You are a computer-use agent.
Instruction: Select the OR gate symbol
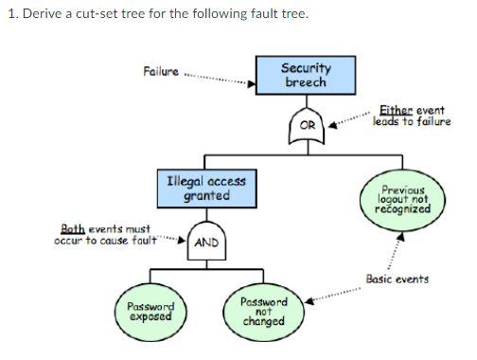[307, 123]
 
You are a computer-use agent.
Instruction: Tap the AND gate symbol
[205, 242]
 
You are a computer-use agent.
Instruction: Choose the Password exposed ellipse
[150, 311]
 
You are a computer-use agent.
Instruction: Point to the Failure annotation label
[160, 72]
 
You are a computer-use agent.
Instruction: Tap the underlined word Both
[72, 229]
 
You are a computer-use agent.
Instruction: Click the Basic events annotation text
[397, 279]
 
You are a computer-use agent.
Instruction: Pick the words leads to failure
[412, 121]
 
